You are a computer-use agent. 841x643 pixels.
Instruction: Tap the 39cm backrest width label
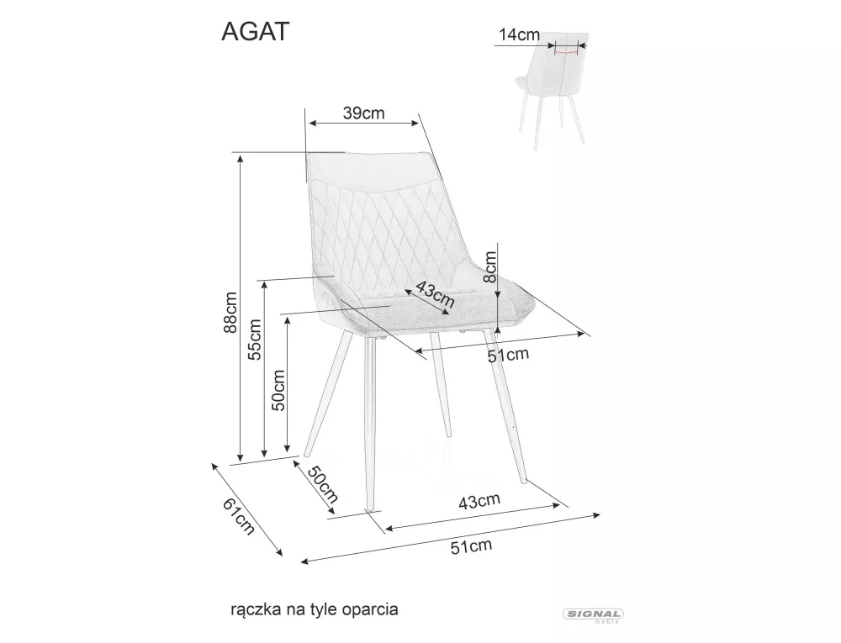coord(363,113)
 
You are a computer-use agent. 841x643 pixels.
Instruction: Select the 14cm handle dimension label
coord(518,34)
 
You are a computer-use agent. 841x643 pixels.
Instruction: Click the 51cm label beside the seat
coord(509,355)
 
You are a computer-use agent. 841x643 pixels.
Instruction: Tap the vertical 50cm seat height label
coord(279,389)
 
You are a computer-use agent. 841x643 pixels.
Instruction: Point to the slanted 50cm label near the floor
coord(322,485)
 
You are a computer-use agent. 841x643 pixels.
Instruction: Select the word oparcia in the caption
coord(369,607)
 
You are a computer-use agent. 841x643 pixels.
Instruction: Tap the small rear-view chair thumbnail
coord(551,92)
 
